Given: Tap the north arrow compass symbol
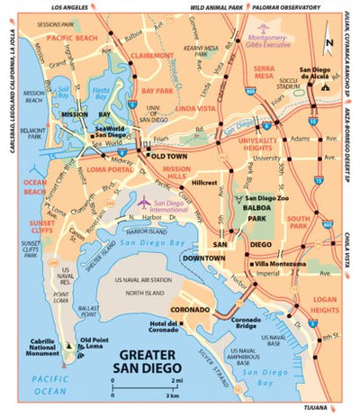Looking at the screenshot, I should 329,41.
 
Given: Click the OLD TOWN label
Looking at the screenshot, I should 169,156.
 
